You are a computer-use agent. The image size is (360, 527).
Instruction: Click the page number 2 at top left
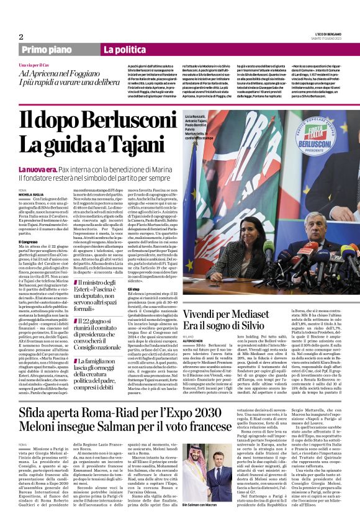click(x=21, y=37)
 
